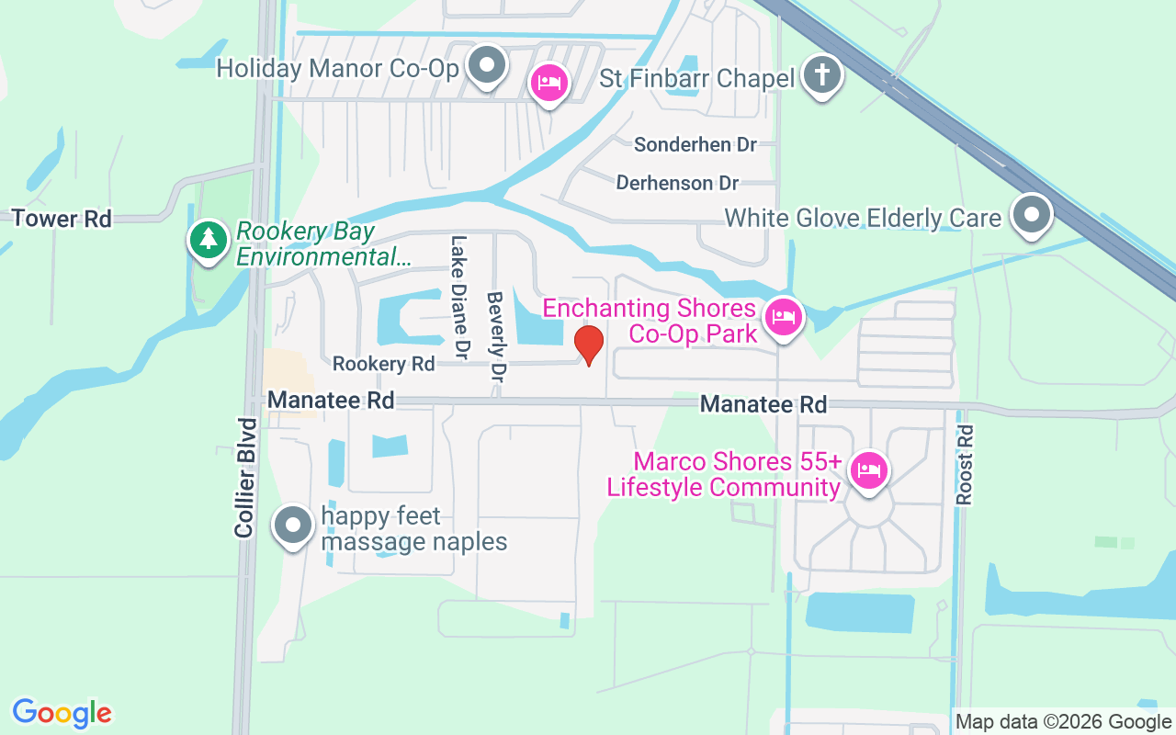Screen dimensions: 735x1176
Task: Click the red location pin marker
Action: [588, 345]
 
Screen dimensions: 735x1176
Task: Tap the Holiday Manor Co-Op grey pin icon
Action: [487, 66]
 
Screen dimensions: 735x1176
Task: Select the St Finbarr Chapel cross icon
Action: [822, 75]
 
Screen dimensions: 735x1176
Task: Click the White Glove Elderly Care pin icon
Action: [1031, 215]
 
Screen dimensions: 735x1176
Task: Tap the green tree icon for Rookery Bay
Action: [209, 240]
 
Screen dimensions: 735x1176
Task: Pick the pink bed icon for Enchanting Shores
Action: [783, 318]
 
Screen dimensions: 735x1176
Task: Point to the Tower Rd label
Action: [62, 219]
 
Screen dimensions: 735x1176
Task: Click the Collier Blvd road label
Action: [244, 478]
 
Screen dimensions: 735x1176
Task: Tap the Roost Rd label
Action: [964, 464]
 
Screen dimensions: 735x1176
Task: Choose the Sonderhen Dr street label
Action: [695, 144]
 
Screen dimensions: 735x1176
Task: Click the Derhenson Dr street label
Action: [677, 183]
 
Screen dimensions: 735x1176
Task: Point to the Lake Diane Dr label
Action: [459, 297]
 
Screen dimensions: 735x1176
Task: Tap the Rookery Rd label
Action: [383, 364]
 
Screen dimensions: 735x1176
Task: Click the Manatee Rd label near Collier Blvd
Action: [331, 401]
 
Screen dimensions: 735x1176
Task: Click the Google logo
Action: [62, 713]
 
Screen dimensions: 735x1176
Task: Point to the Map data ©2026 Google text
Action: [1062, 722]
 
